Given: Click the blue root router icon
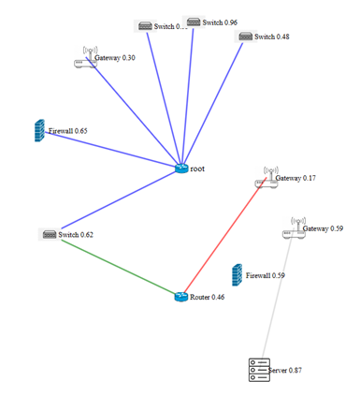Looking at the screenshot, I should click(x=181, y=169).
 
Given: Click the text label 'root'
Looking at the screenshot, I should click(x=198, y=169).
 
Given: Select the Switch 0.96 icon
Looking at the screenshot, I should click(x=193, y=22).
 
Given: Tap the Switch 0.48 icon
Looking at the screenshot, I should click(x=245, y=37).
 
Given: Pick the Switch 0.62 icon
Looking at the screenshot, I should click(x=49, y=234).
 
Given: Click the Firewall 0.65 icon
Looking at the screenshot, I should click(x=39, y=131).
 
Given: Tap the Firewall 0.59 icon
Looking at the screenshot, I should click(x=238, y=275).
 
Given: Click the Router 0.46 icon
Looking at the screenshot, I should click(x=181, y=297).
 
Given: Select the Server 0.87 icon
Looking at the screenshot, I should click(x=258, y=370).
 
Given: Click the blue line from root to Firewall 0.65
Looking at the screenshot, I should click(x=110, y=150).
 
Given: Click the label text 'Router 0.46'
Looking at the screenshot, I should click(x=208, y=298).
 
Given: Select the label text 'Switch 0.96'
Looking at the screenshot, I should click(x=220, y=22).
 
